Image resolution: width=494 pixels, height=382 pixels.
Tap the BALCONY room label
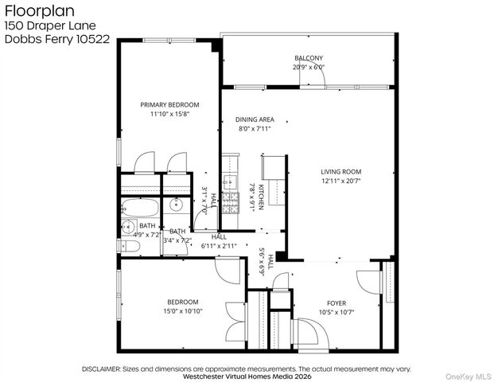coord(309,58)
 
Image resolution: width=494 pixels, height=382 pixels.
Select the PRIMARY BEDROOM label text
coord(169,104)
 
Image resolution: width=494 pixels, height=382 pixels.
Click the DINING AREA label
coord(255,119)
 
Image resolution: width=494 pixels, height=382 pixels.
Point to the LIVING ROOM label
coord(340,171)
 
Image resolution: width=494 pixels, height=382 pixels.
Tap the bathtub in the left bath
coord(140,209)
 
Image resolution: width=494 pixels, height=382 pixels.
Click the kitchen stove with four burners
coord(230,203)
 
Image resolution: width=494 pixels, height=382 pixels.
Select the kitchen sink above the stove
coord(229,182)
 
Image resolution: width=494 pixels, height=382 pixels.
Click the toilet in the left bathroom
coord(130,248)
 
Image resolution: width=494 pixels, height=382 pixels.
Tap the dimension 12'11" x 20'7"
coord(340,181)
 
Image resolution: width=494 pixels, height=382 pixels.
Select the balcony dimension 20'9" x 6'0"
coord(309,67)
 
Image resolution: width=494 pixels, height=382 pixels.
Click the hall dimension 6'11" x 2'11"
coord(218,246)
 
